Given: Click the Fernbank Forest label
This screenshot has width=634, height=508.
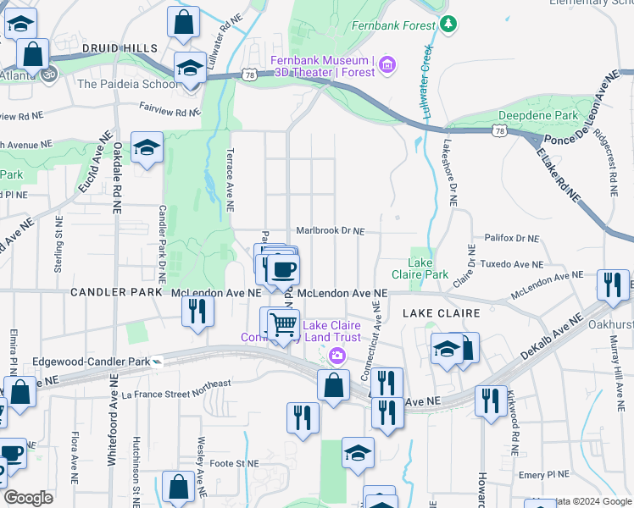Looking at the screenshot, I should coord(391,25).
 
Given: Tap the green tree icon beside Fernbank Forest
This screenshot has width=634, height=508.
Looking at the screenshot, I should coord(449,25).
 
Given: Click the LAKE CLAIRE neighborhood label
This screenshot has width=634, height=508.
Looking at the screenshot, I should coord(441,313).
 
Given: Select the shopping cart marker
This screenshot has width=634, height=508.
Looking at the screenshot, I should coord(283,323).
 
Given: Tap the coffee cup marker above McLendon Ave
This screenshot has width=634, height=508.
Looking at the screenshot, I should coord(284,269).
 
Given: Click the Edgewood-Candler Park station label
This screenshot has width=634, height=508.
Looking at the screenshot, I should coord(92,362).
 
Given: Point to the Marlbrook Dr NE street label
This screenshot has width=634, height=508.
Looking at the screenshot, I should coord(330,230).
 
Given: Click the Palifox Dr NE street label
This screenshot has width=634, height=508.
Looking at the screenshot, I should coord(512,239).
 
